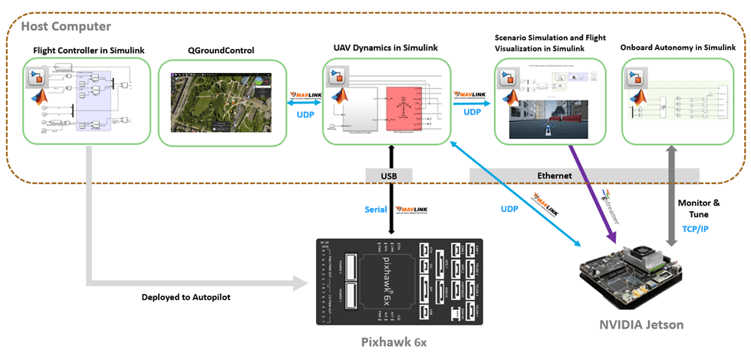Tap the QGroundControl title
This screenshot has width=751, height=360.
click(x=221, y=51)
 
